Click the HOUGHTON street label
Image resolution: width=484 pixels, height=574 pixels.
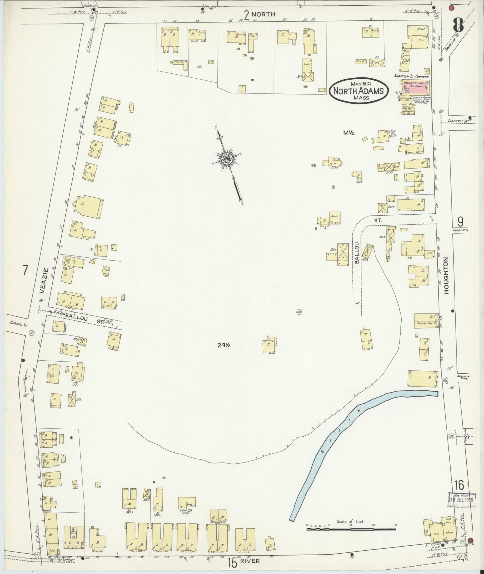click(x=446, y=276)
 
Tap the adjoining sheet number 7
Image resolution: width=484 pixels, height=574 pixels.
click(x=24, y=270)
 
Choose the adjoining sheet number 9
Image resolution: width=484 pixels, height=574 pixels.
click(x=461, y=221)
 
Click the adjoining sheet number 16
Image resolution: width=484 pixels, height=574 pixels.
click(x=459, y=484)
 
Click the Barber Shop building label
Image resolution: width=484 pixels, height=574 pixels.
click(x=424, y=324)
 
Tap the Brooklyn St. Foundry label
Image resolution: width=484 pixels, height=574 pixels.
click(x=411, y=76)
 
